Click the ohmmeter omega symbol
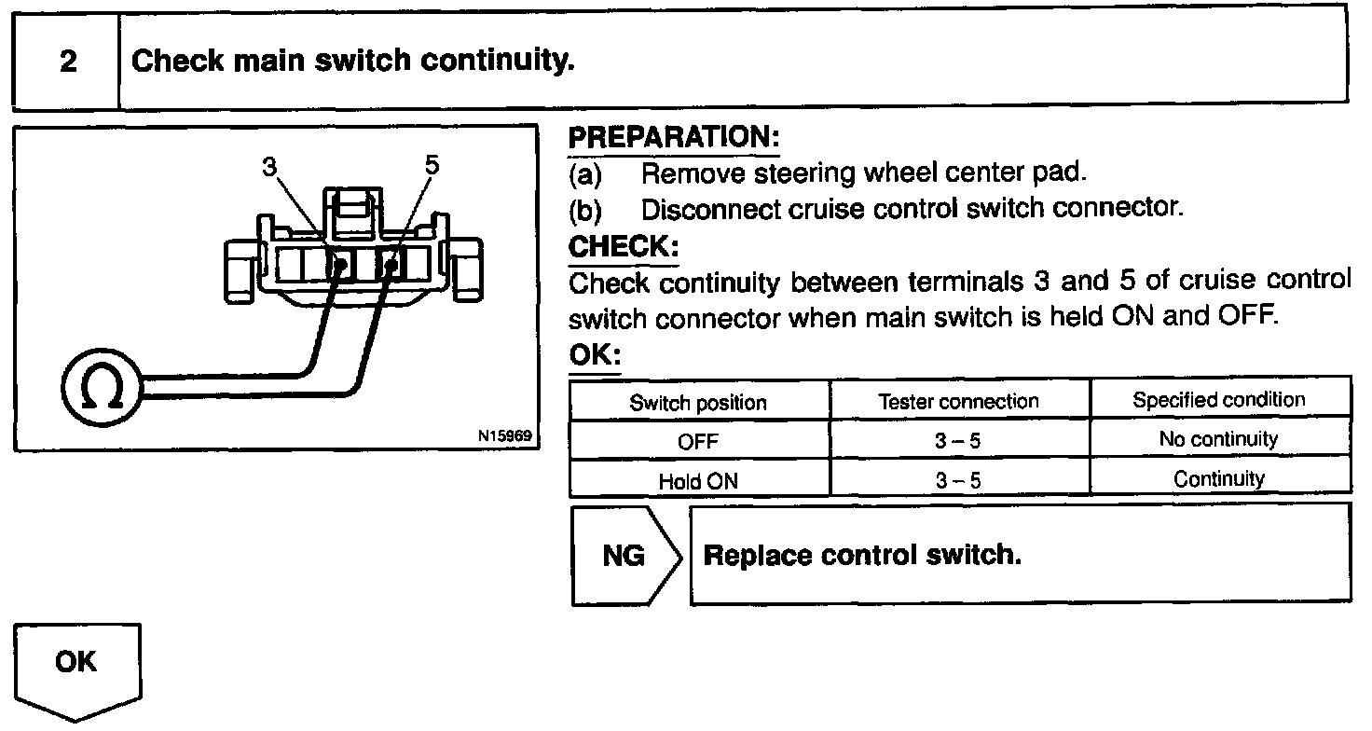(102, 389)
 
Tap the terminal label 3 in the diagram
(270, 167)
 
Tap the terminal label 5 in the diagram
(431, 167)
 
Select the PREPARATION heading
(673, 139)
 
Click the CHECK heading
(623, 248)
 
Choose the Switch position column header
(698, 403)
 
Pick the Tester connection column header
(958, 402)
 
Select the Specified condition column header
(1218, 400)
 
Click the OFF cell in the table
(698, 442)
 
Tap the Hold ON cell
(698, 482)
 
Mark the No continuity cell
(1218, 439)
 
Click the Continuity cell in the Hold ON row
(1218, 479)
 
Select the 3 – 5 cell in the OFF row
(958, 442)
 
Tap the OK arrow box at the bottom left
(76, 666)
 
